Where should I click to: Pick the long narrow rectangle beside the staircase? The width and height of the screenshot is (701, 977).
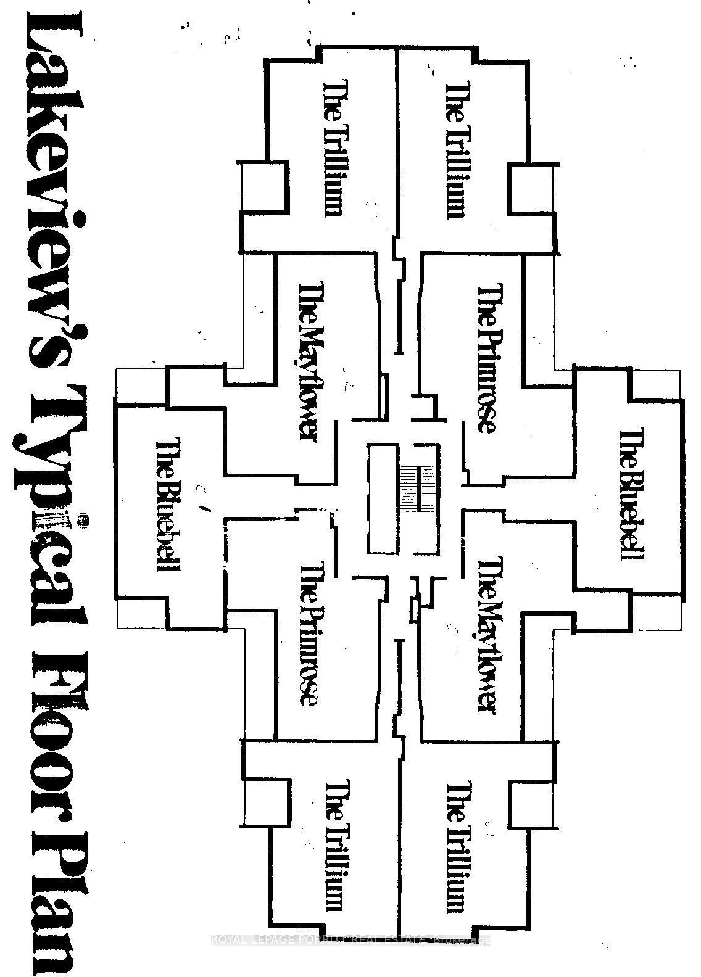(383, 499)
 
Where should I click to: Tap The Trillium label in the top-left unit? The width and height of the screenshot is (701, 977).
(332, 147)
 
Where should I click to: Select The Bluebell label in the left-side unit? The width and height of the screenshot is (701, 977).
(168, 505)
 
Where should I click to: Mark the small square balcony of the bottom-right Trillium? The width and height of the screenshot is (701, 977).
(533, 807)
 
